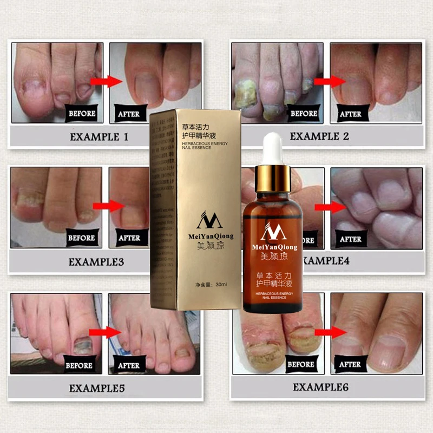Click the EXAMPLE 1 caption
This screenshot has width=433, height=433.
pos(99,137)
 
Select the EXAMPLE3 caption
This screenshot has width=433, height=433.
pos(96,263)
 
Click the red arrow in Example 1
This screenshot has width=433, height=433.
pos(106,81)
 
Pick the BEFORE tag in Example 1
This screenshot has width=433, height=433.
pos(82,114)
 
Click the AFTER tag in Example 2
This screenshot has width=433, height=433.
pos(350,114)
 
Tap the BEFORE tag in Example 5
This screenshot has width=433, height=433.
pos(79,365)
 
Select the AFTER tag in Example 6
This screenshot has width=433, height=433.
pos(350,364)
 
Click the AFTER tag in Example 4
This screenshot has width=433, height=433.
pos(350,239)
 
